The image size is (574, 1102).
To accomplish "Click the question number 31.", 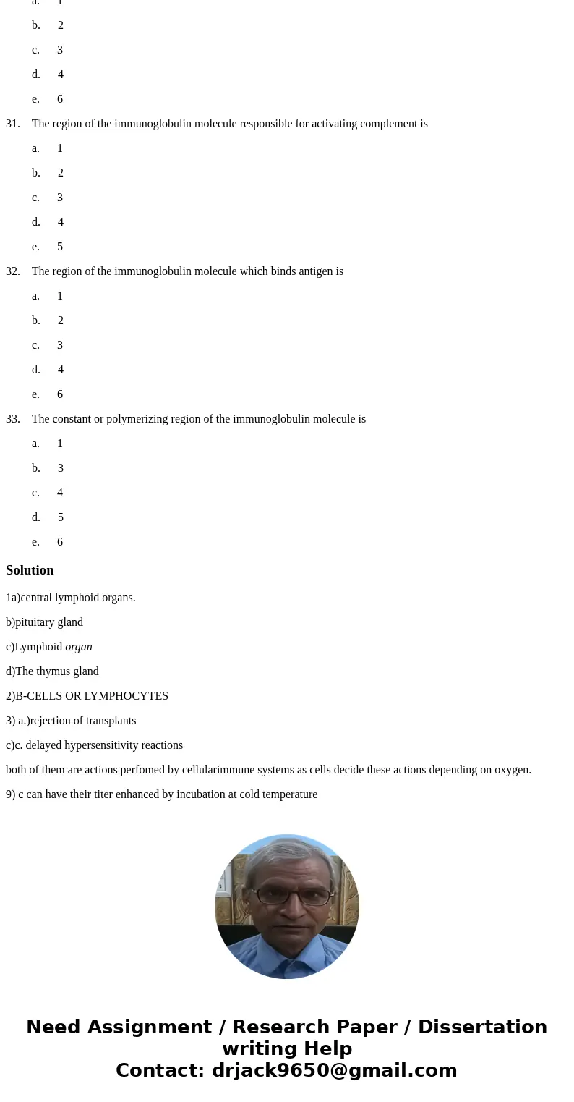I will click(x=12, y=124).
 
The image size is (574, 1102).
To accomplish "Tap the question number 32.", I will click(x=12, y=271).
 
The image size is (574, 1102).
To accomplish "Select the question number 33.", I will click(x=12, y=419).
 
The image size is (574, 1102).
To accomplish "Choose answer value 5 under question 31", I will click(x=60, y=247).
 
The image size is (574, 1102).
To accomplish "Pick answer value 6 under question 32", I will click(x=60, y=394).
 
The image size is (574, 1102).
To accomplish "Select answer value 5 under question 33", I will click(x=61, y=517).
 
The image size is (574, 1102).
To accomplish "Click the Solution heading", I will click(x=30, y=570).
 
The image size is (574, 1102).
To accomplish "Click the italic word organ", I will click(x=79, y=647).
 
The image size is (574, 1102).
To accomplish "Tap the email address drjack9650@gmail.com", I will click(x=334, y=1070).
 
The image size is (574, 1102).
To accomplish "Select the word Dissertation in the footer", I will click(x=482, y=1027).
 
